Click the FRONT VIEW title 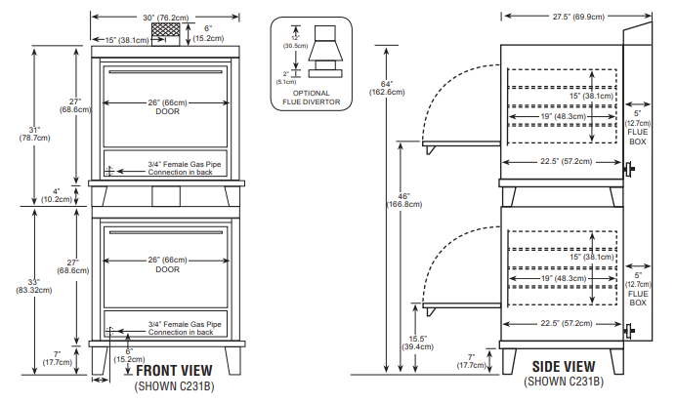174,372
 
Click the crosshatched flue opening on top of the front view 174,33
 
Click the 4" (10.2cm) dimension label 56,195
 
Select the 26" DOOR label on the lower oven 167,264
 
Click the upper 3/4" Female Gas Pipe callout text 185,168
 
